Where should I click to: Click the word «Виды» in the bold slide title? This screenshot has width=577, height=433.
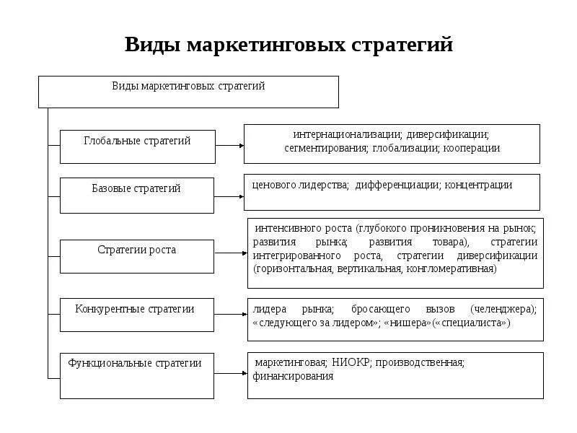click(153, 45)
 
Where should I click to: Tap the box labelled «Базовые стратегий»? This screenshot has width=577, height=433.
click(136, 195)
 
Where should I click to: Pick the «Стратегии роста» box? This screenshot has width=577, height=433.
click(136, 256)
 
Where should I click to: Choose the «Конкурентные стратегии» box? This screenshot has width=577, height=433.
click(136, 315)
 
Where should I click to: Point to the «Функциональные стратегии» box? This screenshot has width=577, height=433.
click(136, 375)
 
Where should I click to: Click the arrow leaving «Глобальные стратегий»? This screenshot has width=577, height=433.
click(229, 145)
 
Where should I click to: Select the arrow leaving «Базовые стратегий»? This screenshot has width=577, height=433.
click(229, 196)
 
